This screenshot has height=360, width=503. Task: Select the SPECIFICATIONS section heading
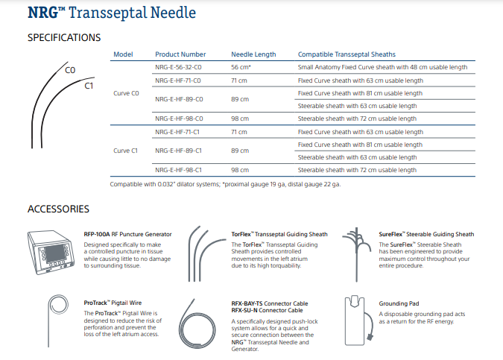(64, 37)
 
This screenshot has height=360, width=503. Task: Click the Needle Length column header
(253, 54)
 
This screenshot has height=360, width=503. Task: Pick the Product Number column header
(180, 54)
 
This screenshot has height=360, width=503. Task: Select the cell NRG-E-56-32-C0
(179, 67)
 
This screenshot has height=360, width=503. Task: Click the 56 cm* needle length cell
(241, 67)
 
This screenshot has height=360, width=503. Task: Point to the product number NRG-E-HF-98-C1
(179, 170)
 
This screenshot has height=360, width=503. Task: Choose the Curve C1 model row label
(126, 151)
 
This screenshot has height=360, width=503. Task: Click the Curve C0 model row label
(126, 93)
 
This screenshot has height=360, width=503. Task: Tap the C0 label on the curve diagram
(71, 70)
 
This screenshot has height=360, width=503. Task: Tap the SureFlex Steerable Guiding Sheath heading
(426, 235)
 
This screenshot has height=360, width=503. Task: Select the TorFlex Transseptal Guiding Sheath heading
(279, 235)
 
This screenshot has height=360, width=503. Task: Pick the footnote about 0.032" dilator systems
(225, 183)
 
